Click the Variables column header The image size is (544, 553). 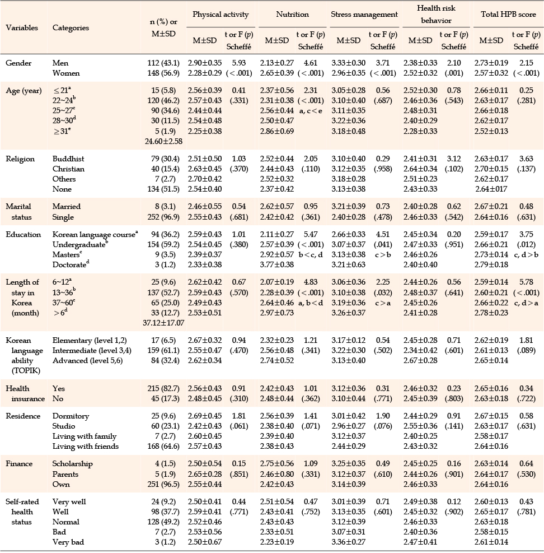point(22,27)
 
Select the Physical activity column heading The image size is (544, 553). point(221,15)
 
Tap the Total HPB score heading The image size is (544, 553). point(508,15)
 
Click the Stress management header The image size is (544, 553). point(364,15)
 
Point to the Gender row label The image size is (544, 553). point(18,63)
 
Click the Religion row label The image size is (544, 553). point(20,159)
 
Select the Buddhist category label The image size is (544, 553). point(68,159)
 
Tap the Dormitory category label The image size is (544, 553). point(71,416)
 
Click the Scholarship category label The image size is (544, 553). point(73,464)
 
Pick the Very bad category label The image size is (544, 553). point(68,542)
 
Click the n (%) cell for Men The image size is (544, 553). point(163,63)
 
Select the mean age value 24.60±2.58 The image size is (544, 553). point(163,142)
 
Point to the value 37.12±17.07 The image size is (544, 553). point(163,323)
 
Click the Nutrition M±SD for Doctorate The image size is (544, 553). point(277,264)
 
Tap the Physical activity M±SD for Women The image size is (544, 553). point(205,73)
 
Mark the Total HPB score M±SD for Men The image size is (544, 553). point(491,63)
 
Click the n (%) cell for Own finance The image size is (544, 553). point(163,484)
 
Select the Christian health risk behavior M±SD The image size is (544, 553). point(420,169)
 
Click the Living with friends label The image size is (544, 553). point(86,447)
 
